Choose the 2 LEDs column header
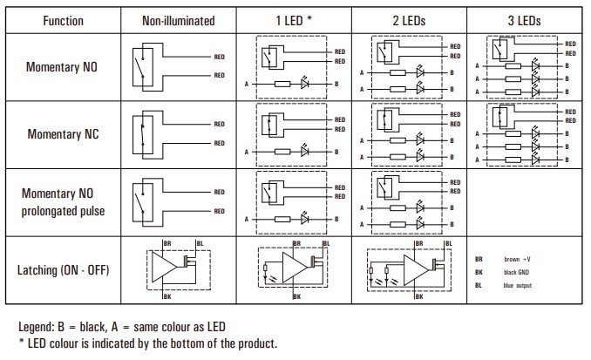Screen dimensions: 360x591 (x=409, y=20)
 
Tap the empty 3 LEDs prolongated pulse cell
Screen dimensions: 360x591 (x=526, y=202)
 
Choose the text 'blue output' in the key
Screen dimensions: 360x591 (x=518, y=285)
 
